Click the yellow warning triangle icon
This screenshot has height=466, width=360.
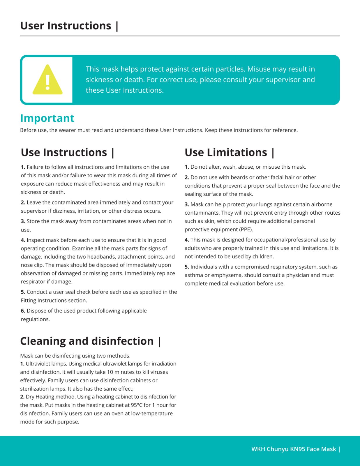pyautogui.click(x=47, y=80)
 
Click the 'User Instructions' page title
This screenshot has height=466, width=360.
pyautogui.click(x=66, y=26)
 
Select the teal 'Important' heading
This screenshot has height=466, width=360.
pyautogui.click(x=47, y=118)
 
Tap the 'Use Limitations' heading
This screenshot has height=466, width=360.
pyautogui.click(x=226, y=152)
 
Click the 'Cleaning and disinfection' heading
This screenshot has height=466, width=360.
pyautogui.click(x=87, y=341)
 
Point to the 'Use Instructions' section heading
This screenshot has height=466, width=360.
pyautogui.click(x=64, y=152)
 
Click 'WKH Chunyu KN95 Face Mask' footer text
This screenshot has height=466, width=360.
pyautogui.click(x=294, y=449)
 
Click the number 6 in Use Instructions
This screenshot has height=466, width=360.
pyautogui.click(x=23, y=311)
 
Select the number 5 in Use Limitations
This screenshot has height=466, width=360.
pyautogui.click(x=187, y=267)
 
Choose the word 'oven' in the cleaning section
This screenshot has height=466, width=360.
pyautogui.click(x=123, y=414)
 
